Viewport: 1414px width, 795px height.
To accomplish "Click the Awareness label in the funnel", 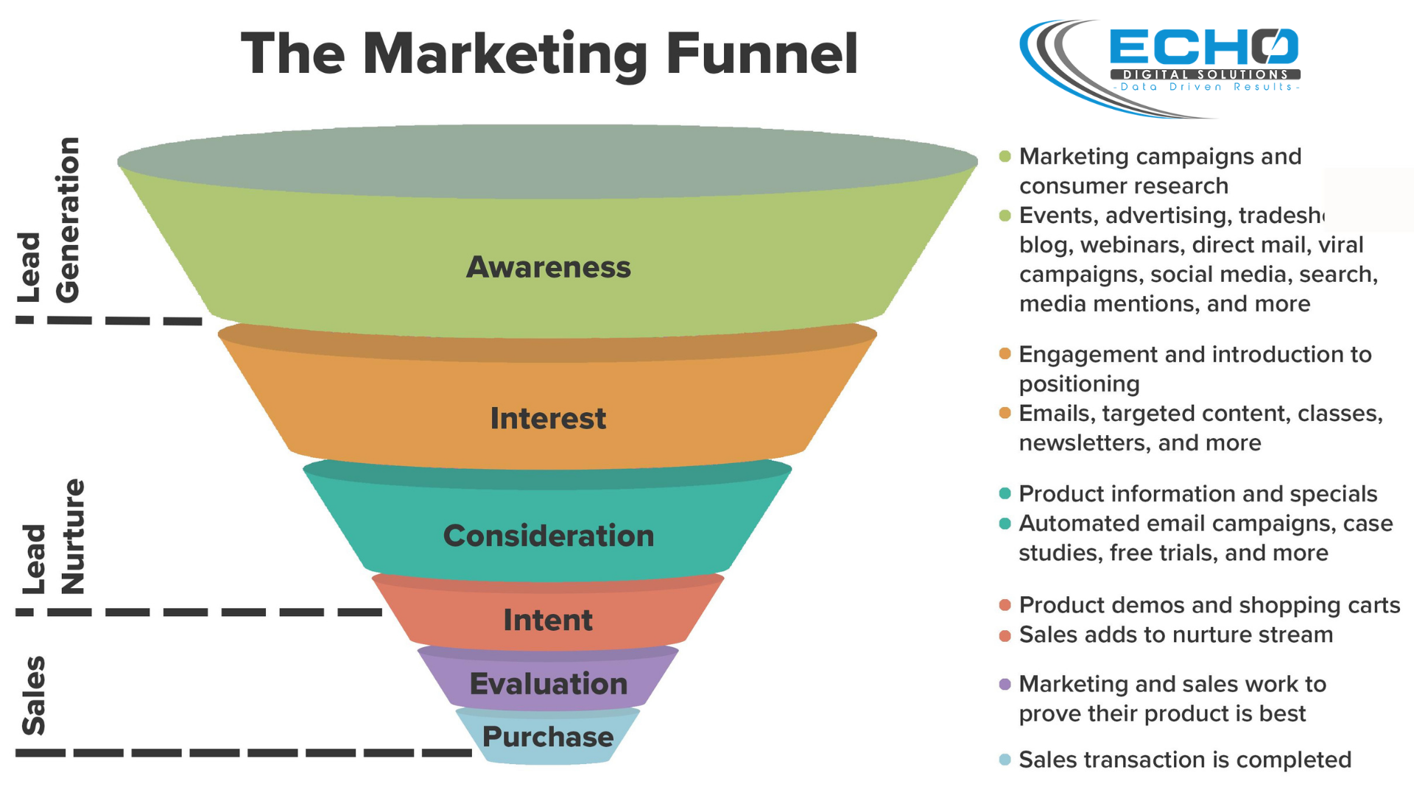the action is (x=549, y=267).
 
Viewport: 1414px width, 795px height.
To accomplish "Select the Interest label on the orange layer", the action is (x=549, y=418).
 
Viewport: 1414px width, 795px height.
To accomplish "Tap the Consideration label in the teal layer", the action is (x=549, y=535).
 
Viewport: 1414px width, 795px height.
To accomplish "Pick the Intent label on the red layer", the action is (x=548, y=620).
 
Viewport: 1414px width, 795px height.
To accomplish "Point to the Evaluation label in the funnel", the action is (x=549, y=684).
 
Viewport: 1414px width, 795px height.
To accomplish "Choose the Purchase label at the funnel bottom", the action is (x=548, y=736).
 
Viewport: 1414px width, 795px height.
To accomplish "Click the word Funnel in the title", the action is (x=762, y=54).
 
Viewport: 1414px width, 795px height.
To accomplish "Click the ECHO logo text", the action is (x=1204, y=47).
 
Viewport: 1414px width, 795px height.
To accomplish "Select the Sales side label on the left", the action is (x=34, y=696).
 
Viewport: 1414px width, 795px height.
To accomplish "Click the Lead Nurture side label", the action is (x=54, y=537).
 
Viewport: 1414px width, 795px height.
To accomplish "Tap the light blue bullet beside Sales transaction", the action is (x=1005, y=760).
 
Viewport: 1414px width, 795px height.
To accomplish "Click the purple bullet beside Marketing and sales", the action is (x=1005, y=685).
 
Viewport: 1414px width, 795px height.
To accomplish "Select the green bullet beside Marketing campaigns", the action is (x=1005, y=156).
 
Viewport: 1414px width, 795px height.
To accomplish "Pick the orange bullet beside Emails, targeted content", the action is (x=1005, y=413).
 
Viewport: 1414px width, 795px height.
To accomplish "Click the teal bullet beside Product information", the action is (x=1005, y=493).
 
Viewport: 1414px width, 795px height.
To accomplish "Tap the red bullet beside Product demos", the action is (x=1005, y=605).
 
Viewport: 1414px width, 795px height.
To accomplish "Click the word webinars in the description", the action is (x=1132, y=245).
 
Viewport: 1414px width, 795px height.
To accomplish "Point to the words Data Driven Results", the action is (x=1206, y=87).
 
